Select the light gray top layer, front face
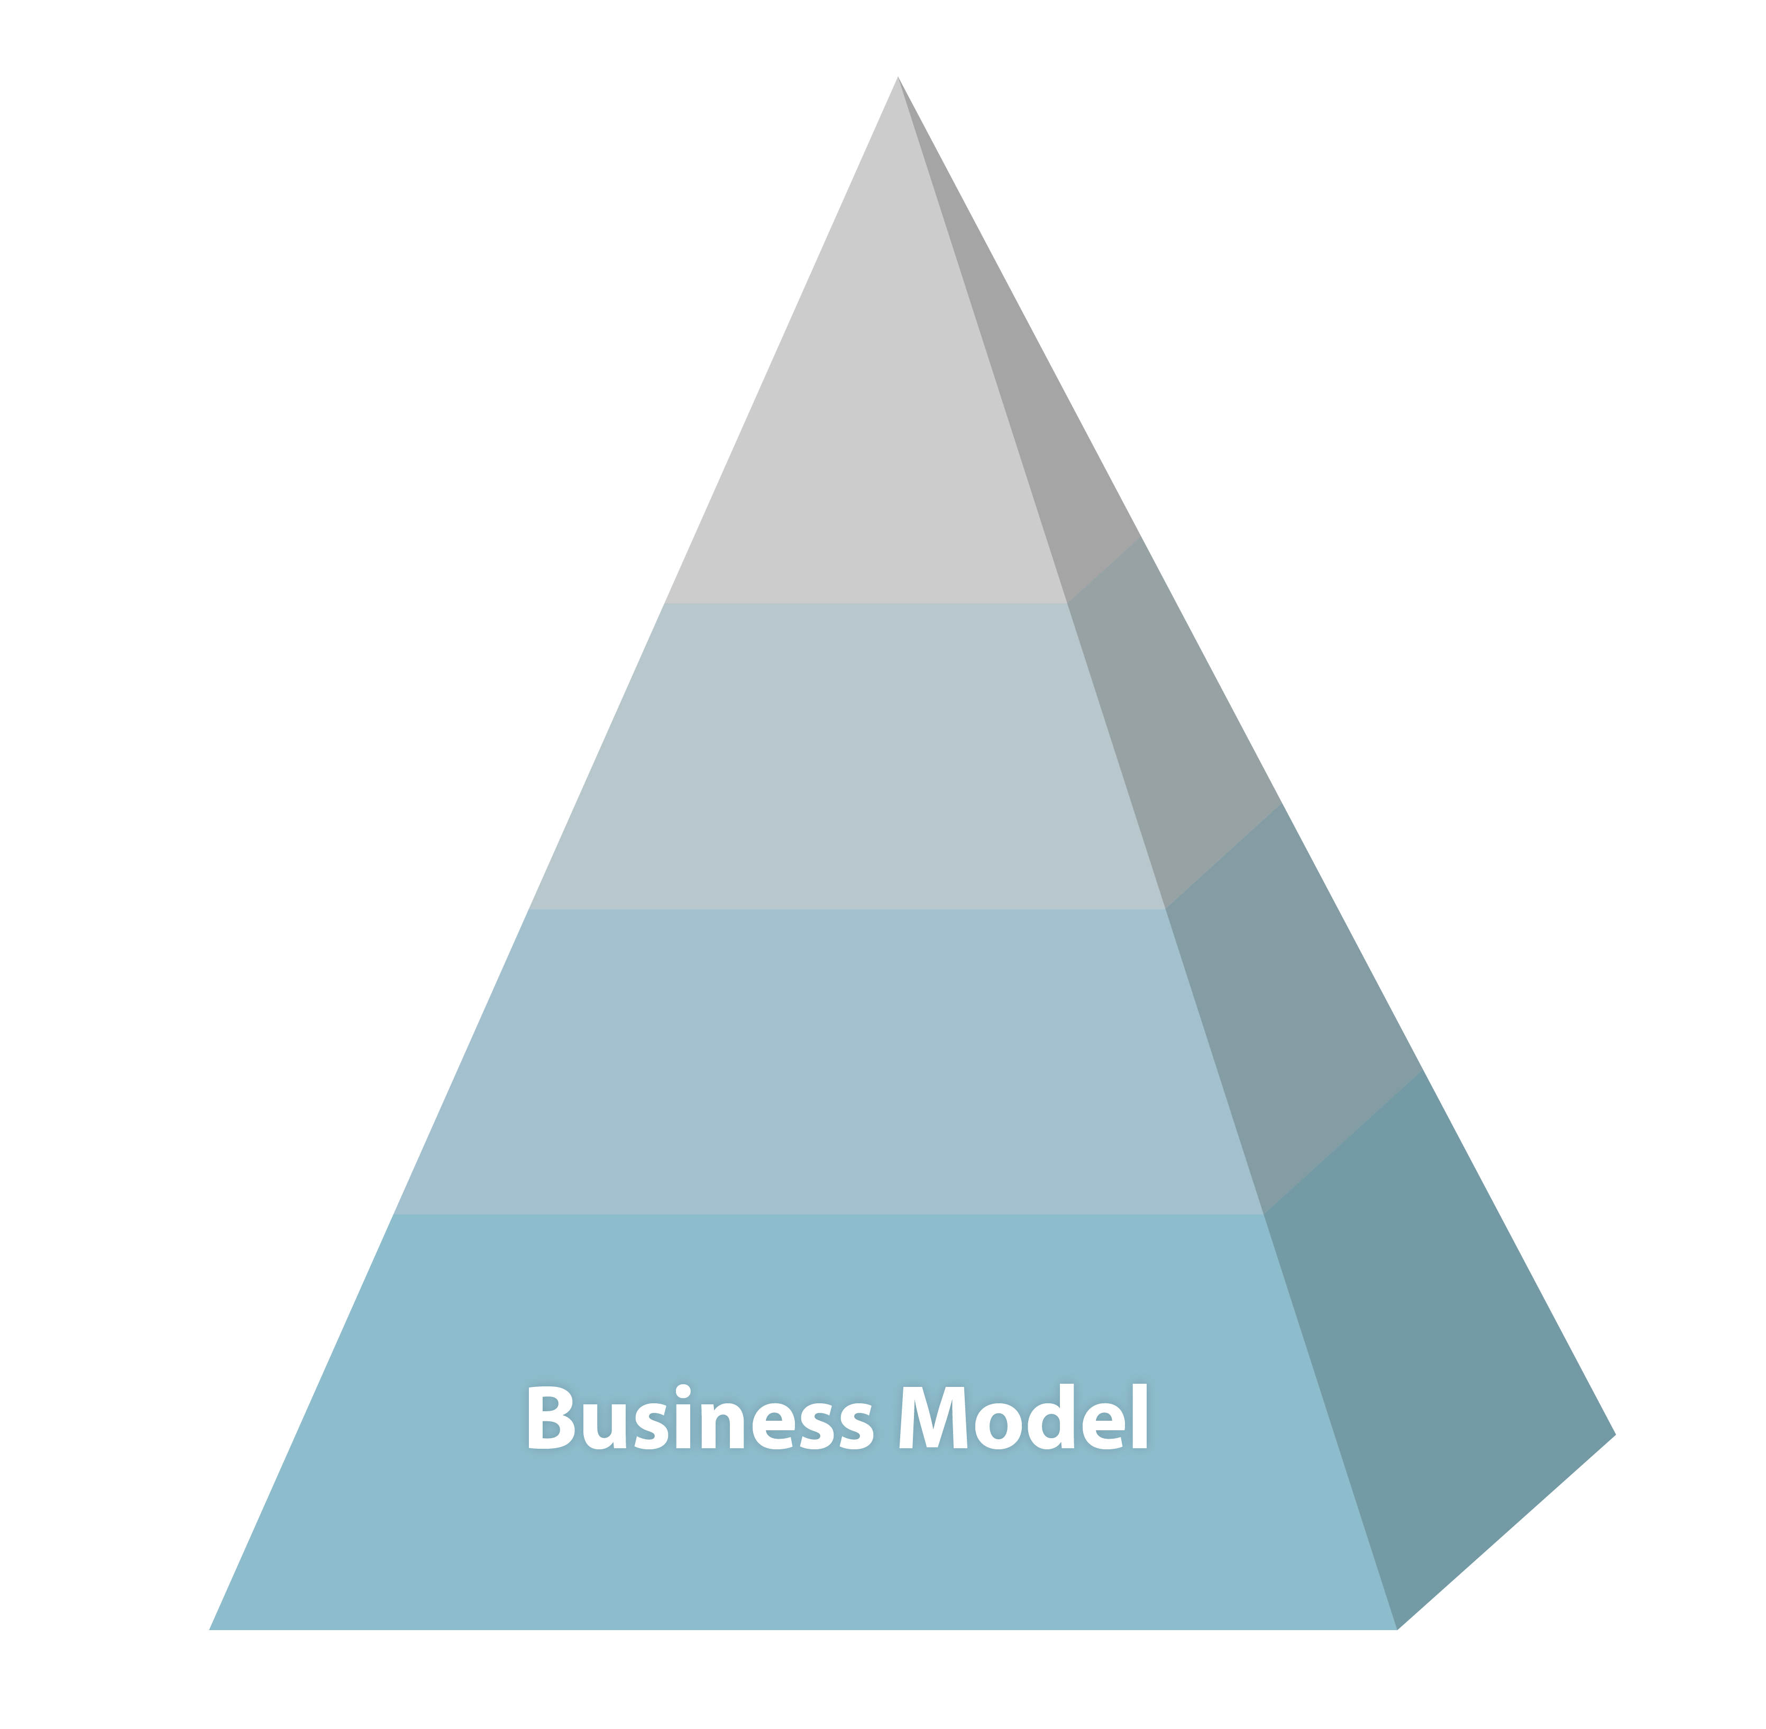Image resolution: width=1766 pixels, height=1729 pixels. point(863,454)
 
